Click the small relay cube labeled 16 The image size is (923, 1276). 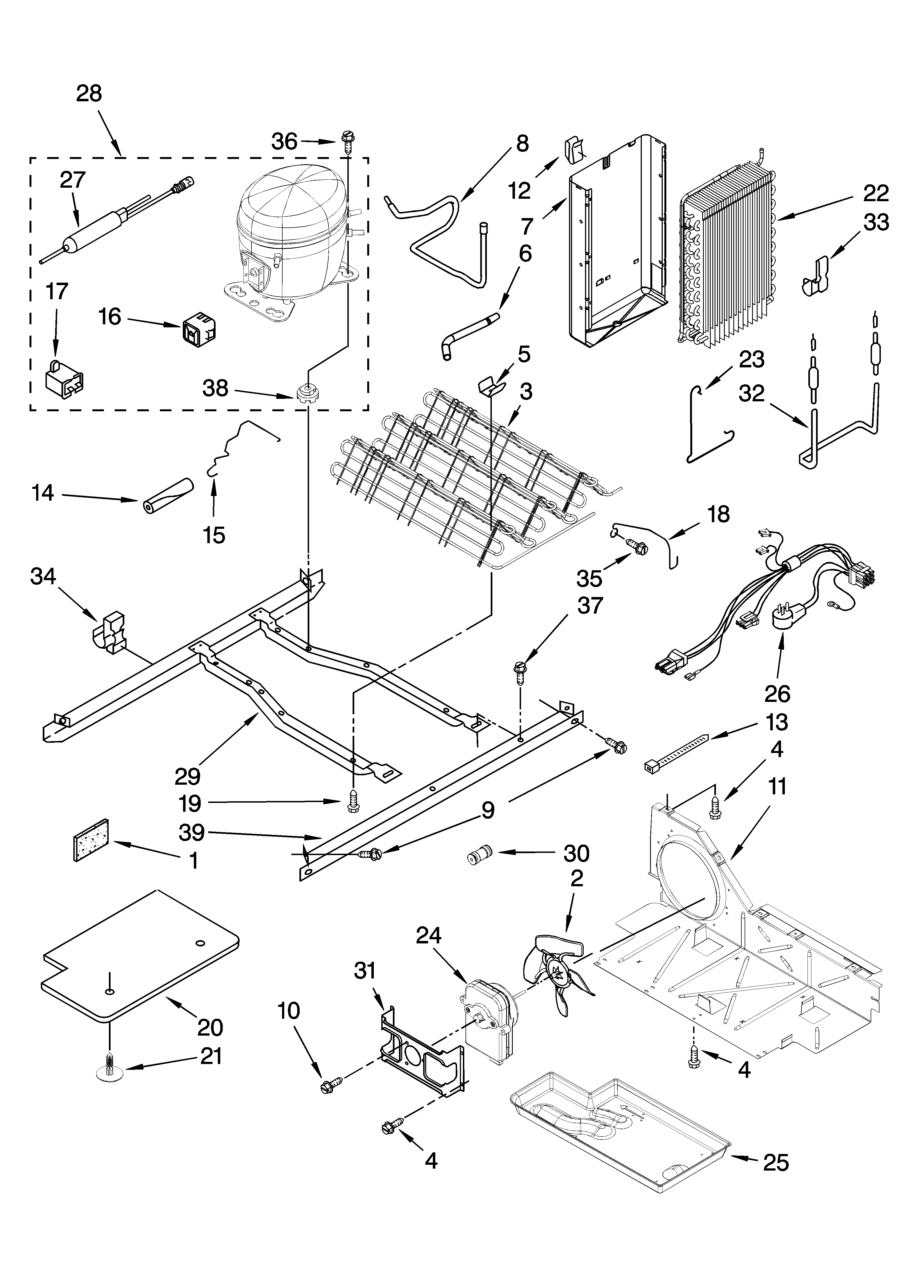click(x=200, y=331)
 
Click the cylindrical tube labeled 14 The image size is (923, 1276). click(x=167, y=495)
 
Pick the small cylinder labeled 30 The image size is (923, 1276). click(x=479, y=856)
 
